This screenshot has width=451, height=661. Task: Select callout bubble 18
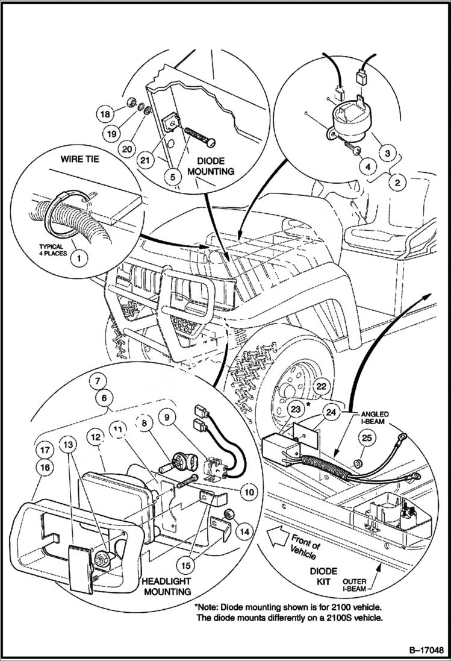105,114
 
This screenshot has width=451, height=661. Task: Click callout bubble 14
244,532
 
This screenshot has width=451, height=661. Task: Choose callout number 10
247,492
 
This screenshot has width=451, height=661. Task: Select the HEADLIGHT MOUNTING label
167,586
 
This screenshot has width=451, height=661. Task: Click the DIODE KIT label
324,576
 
